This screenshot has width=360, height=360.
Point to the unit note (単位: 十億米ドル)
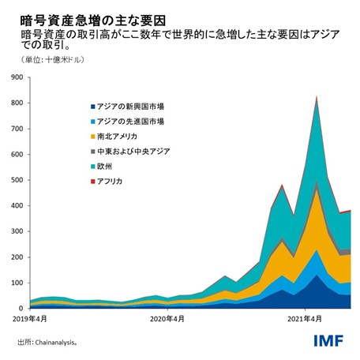[47, 60]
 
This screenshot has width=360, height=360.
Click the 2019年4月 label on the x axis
[29, 319]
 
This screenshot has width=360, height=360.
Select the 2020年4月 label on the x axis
[167, 319]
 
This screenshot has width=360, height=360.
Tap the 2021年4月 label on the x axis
[304, 319]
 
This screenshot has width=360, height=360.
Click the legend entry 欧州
[107, 167]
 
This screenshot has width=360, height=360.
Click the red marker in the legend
[93, 182]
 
